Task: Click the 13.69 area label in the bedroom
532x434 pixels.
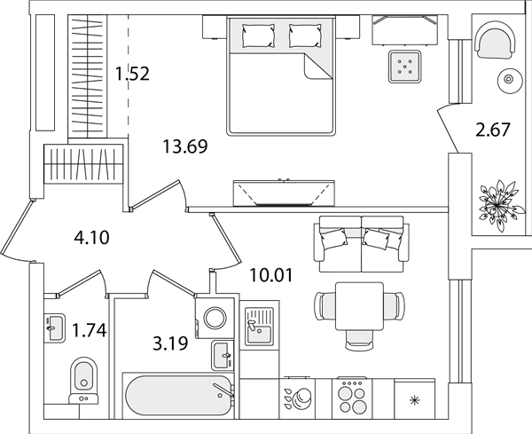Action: pos(185,146)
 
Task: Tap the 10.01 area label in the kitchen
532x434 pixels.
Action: pos(270,275)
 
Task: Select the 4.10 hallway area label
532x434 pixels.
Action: pos(91,237)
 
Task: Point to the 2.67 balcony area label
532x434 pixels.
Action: pos(493,130)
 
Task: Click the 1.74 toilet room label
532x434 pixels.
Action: pos(90,330)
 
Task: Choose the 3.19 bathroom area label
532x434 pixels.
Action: pos(170,343)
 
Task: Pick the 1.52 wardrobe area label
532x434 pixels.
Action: pos(132,74)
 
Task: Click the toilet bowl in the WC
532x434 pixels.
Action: pos(83,381)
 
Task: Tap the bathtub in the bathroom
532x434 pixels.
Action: pos(178,396)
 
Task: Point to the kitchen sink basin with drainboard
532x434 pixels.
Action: pos(259,326)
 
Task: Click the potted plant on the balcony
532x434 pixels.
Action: pos(498,206)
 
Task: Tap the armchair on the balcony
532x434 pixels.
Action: pos(495,39)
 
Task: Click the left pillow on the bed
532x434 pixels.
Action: pos(258,36)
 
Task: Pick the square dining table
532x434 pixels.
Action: pos(360,306)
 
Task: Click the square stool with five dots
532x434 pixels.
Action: pos(405,67)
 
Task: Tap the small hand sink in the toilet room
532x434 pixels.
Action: pos(55,328)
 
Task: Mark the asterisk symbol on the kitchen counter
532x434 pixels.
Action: pos(414,401)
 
